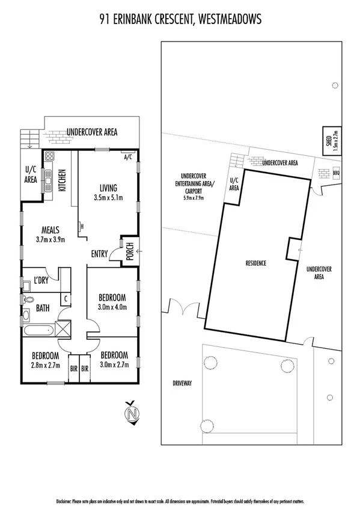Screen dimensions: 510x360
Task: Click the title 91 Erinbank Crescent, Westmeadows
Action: (180, 20)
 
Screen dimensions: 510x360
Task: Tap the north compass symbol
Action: (131, 413)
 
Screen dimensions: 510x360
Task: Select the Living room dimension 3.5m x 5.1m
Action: (108, 197)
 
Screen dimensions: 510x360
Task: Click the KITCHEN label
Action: (61, 181)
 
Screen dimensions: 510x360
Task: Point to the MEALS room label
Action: (49, 229)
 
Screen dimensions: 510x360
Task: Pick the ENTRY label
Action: (99, 254)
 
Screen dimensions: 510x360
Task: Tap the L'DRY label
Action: (41, 280)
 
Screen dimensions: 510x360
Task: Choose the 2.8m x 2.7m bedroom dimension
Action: (45, 364)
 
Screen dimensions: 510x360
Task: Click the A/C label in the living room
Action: (127, 158)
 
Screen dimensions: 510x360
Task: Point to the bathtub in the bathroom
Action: (38, 330)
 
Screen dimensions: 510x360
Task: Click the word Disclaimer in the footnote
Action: (64, 500)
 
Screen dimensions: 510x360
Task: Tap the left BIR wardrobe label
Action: (74, 369)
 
